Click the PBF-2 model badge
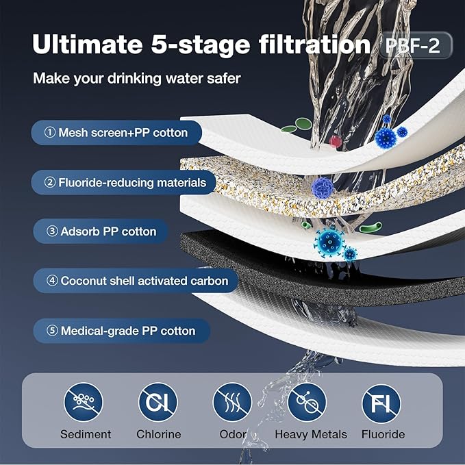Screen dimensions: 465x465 click(x=414, y=46)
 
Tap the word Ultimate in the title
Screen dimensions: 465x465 click(x=84, y=45)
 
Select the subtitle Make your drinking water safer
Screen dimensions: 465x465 click(x=136, y=79)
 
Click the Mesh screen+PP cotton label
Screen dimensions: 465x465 click(x=116, y=132)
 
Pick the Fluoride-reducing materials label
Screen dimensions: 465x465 click(x=124, y=183)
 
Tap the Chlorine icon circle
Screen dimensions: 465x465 click(x=158, y=401)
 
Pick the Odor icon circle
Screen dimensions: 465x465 click(x=232, y=401)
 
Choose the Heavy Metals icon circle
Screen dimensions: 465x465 click(x=307, y=401)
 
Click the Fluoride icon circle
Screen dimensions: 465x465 click(x=381, y=401)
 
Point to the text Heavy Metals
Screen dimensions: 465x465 click(x=311, y=434)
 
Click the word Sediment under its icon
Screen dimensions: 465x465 click(x=85, y=434)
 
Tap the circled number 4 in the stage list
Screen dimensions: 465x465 click(x=52, y=281)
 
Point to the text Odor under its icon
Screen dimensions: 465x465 click(x=233, y=434)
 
